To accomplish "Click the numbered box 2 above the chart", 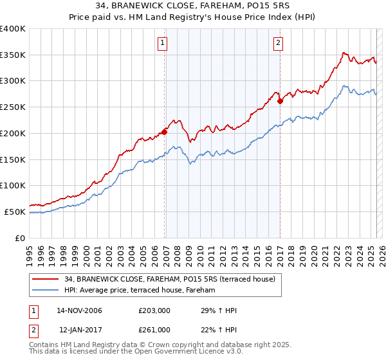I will (278, 44).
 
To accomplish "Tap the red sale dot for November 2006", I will (165, 132).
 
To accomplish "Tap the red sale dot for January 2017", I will (280, 101).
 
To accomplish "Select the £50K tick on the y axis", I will (15, 212).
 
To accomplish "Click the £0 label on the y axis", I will (20, 238).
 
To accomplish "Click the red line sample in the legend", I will (46, 279).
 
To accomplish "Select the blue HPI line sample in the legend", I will (46, 291).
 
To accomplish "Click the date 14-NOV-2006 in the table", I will (79, 311).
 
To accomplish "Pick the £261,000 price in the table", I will (154, 330).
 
